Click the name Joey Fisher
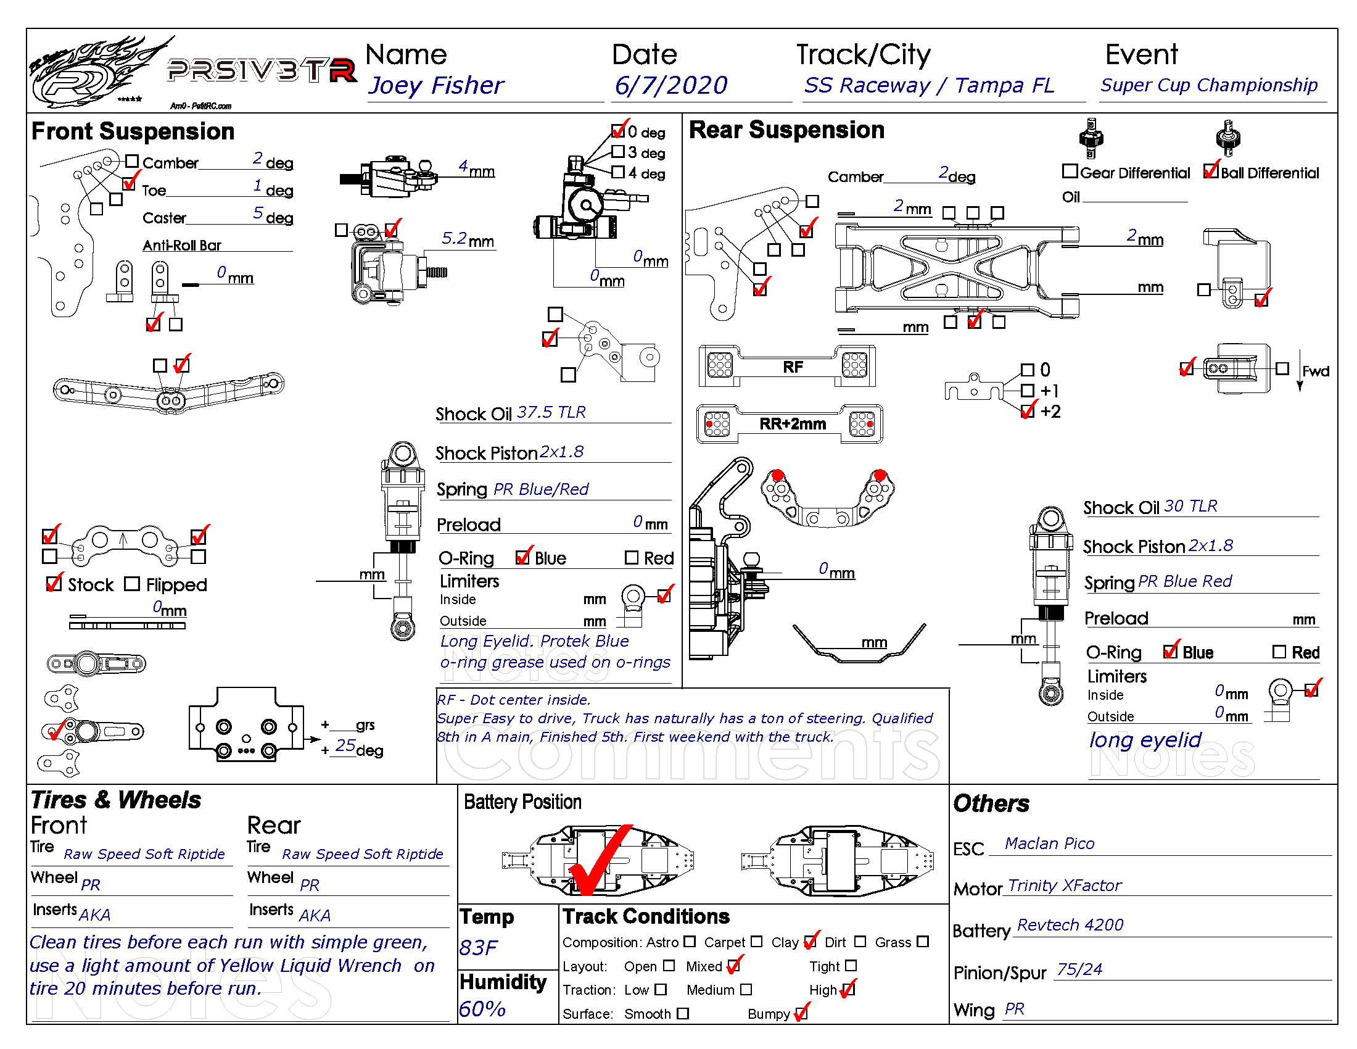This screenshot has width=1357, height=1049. (x=436, y=86)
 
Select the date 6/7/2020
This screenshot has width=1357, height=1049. (x=671, y=86)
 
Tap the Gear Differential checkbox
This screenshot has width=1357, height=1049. (x=1070, y=171)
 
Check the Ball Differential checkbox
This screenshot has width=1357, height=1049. (x=1210, y=171)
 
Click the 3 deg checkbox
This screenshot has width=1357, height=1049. (x=617, y=152)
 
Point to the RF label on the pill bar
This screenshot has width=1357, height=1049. (x=792, y=367)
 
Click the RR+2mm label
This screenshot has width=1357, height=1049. (x=792, y=425)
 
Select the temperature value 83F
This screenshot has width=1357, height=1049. (x=478, y=948)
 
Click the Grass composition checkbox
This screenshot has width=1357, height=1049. (x=923, y=942)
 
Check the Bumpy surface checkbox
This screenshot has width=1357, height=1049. (x=801, y=1014)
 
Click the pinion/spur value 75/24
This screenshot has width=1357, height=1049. (x=1079, y=970)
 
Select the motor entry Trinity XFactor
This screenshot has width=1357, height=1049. (x=1065, y=885)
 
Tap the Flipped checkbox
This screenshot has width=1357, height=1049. (x=132, y=584)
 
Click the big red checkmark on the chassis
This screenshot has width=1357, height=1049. (x=600, y=861)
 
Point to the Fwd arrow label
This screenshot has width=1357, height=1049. (x=1316, y=371)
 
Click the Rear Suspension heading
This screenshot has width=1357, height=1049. (x=786, y=130)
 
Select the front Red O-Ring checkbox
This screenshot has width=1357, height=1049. (x=631, y=557)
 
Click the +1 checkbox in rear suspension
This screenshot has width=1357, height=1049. (x=1028, y=390)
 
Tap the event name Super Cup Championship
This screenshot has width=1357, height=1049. (x=1208, y=85)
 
